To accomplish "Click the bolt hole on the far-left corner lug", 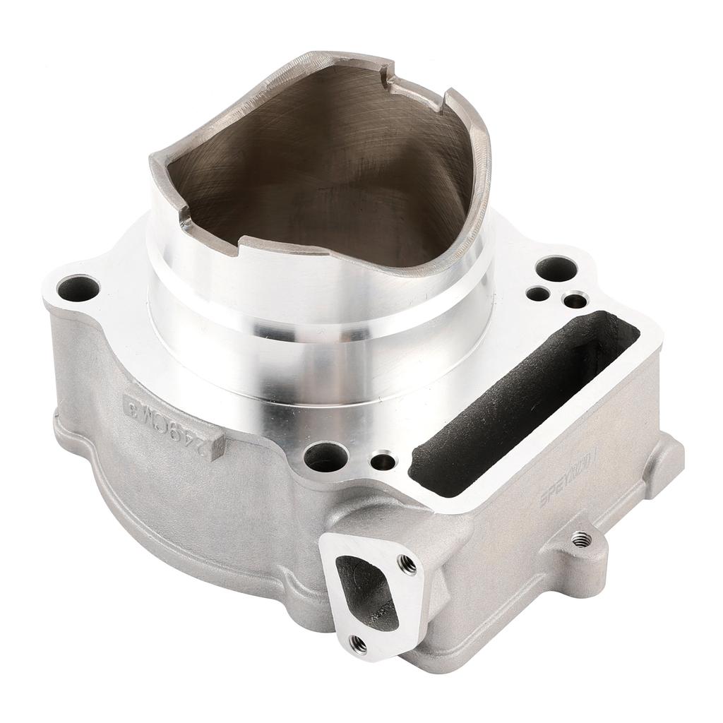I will click(78, 288).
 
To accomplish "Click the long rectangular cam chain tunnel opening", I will click(522, 402).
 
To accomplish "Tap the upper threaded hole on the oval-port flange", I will click(407, 563).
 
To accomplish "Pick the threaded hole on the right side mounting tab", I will click(580, 539).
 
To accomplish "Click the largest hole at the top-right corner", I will click(556, 268).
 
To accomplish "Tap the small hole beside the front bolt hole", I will click(383, 462).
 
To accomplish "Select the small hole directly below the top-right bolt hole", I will click(538, 294).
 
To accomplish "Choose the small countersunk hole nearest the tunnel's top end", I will click(575, 300).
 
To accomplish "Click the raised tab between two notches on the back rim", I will click(417, 92).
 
